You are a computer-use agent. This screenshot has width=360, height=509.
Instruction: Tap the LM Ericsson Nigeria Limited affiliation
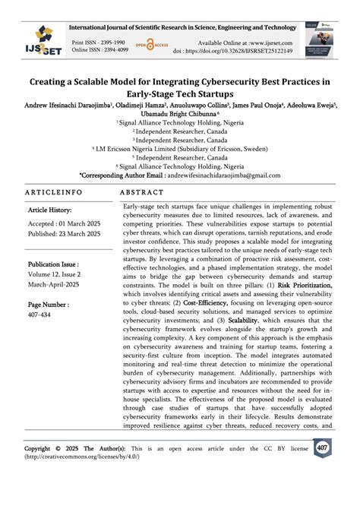tap(181, 149)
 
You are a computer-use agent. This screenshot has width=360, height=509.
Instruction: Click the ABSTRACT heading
tap(142, 193)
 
